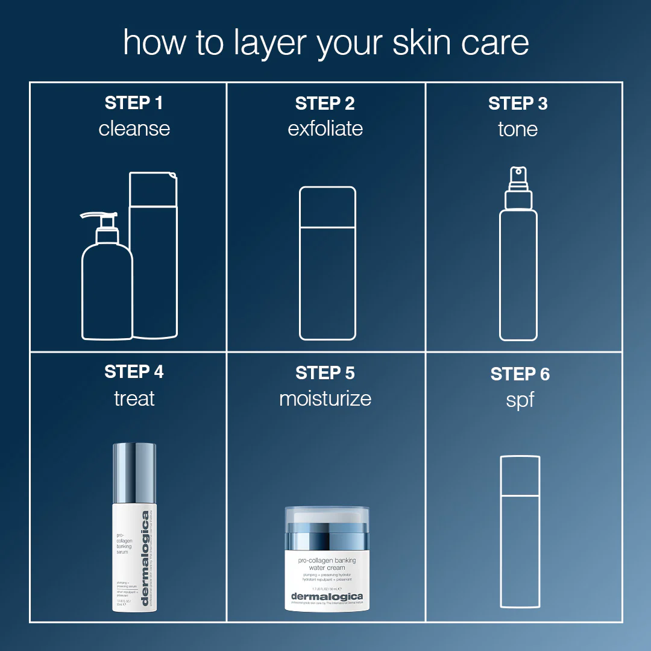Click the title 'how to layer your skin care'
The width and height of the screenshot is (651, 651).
tap(325, 42)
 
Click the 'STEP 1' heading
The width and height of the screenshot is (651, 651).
tap(134, 103)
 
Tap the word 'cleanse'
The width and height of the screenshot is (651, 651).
tap(134, 128)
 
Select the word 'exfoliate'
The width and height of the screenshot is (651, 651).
tap(325, 128)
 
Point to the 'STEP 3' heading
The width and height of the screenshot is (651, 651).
tap(518, 103)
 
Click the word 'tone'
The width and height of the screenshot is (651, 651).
tap(518, 128)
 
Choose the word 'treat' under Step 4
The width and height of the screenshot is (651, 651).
tap(134, 398)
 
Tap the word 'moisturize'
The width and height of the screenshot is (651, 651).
tap(325, 398)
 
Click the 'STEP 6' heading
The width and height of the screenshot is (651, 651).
tap(520, 374)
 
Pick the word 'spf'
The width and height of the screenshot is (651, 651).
tap(520, 400)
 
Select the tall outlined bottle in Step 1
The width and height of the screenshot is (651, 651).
tap(154, 259)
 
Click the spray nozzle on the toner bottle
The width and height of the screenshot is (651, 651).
tap(518, 177)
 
